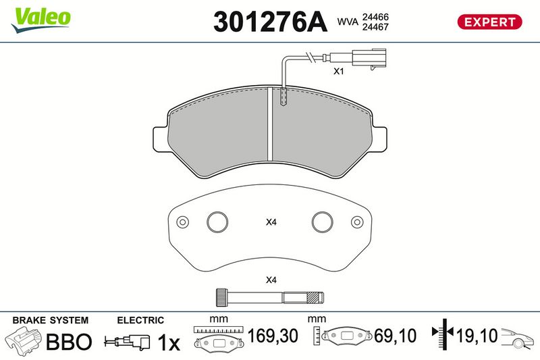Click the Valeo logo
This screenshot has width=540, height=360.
tap(41, 20)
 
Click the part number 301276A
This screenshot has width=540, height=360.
tap(270, 22)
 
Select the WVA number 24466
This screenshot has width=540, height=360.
tap(375, 17)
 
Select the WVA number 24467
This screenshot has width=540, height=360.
tap(375, 27)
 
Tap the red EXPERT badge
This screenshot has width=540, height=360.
tap(490, 22)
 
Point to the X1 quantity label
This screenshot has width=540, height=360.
tap(339, 72)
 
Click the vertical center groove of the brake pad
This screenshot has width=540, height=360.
tap(270, 124)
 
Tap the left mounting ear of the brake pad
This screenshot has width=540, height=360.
tap(161, 139)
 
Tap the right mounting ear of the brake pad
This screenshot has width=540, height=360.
tap(379, 139)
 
